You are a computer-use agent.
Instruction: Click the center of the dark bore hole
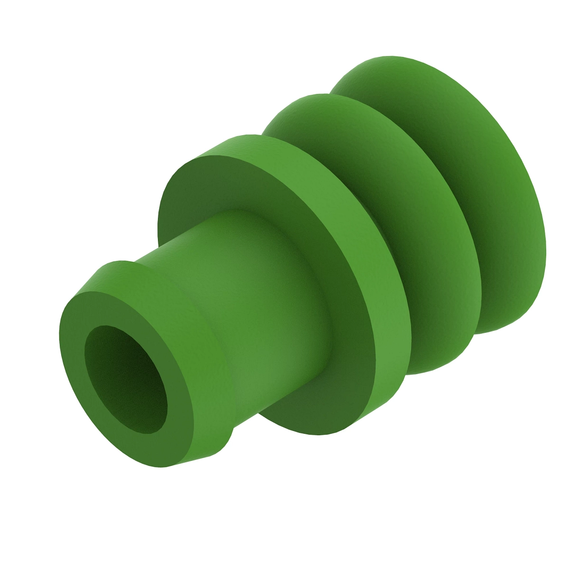pyautogui.click(x=126, y=379)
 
